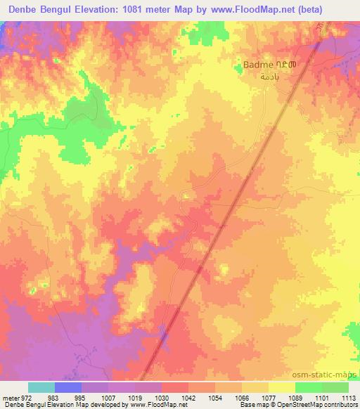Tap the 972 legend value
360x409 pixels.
tap(21, 397)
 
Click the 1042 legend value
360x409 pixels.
tap(188, 397)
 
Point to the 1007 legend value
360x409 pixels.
tap(108, 397)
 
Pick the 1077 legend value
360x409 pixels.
tap(269, 397)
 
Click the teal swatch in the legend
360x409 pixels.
tap(41, 387)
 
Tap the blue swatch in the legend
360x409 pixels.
tap(67, 387)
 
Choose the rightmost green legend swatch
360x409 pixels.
tap(335, 387)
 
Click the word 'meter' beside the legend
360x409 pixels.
tap(8, 397)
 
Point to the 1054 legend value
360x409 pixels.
tap(215, 397)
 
